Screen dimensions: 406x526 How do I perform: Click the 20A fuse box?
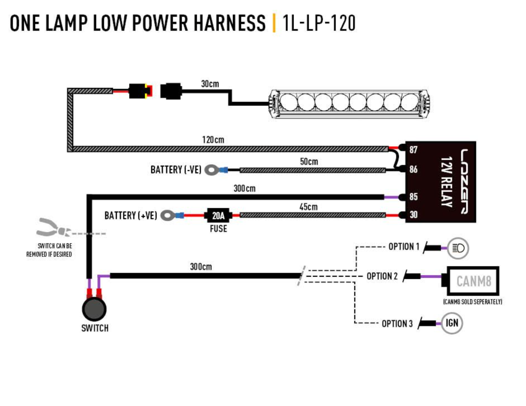(218, 215)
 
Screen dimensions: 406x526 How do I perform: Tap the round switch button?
(94, 309)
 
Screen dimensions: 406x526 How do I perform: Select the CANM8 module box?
(473, 281)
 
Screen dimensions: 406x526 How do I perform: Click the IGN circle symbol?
(452, 323)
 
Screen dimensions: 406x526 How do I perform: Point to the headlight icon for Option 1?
(458, 248)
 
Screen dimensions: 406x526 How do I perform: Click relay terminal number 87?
(413, 150)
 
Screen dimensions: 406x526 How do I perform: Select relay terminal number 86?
(413, 169)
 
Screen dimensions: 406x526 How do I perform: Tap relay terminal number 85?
(413, 197)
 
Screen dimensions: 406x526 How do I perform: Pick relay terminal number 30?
(413, 215)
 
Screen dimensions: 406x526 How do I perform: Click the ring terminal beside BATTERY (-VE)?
(212, 170)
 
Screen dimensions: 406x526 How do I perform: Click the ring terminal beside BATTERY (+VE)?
(168, 216)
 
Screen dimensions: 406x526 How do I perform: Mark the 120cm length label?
(213, 140)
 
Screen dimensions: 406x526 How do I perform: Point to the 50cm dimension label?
(309, 161)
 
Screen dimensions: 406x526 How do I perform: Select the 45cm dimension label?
(308, 207)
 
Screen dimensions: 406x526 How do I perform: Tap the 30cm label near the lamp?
(210, 84)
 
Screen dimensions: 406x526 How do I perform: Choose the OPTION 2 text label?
(382, 276)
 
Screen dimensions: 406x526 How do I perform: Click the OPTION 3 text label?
(397, 324)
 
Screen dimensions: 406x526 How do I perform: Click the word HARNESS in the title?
(229, 23)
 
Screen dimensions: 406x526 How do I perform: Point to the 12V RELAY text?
(447, 182)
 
